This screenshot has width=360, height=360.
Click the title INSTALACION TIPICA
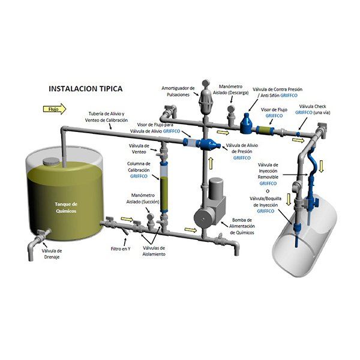click(85, 88)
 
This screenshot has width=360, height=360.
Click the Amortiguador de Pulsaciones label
click(178, 92)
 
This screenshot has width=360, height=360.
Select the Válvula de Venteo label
click(140, 149)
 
